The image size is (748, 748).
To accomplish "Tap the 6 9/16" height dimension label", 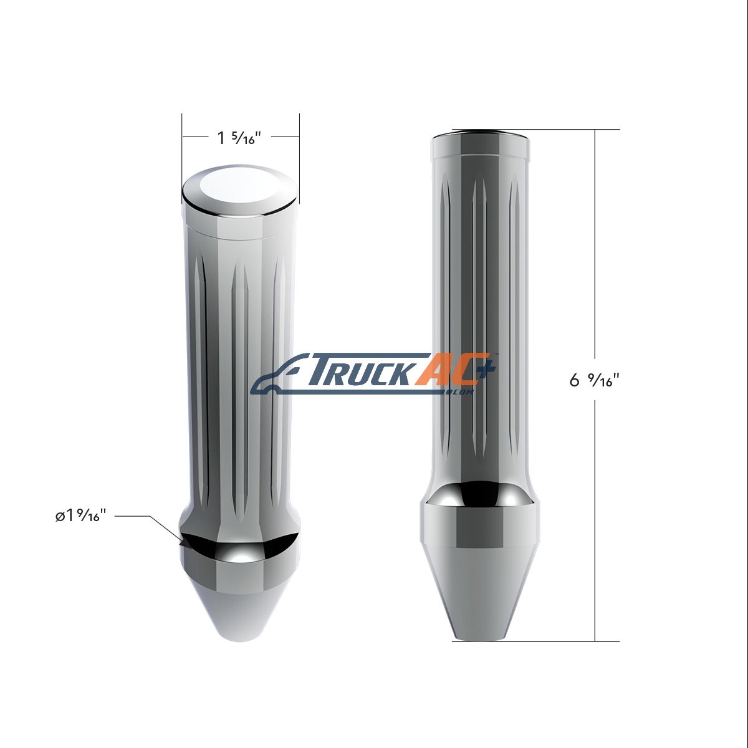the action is (593, 381).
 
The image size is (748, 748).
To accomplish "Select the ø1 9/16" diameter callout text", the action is (80, 516).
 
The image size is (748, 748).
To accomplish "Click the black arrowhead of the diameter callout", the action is (183, 544).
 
